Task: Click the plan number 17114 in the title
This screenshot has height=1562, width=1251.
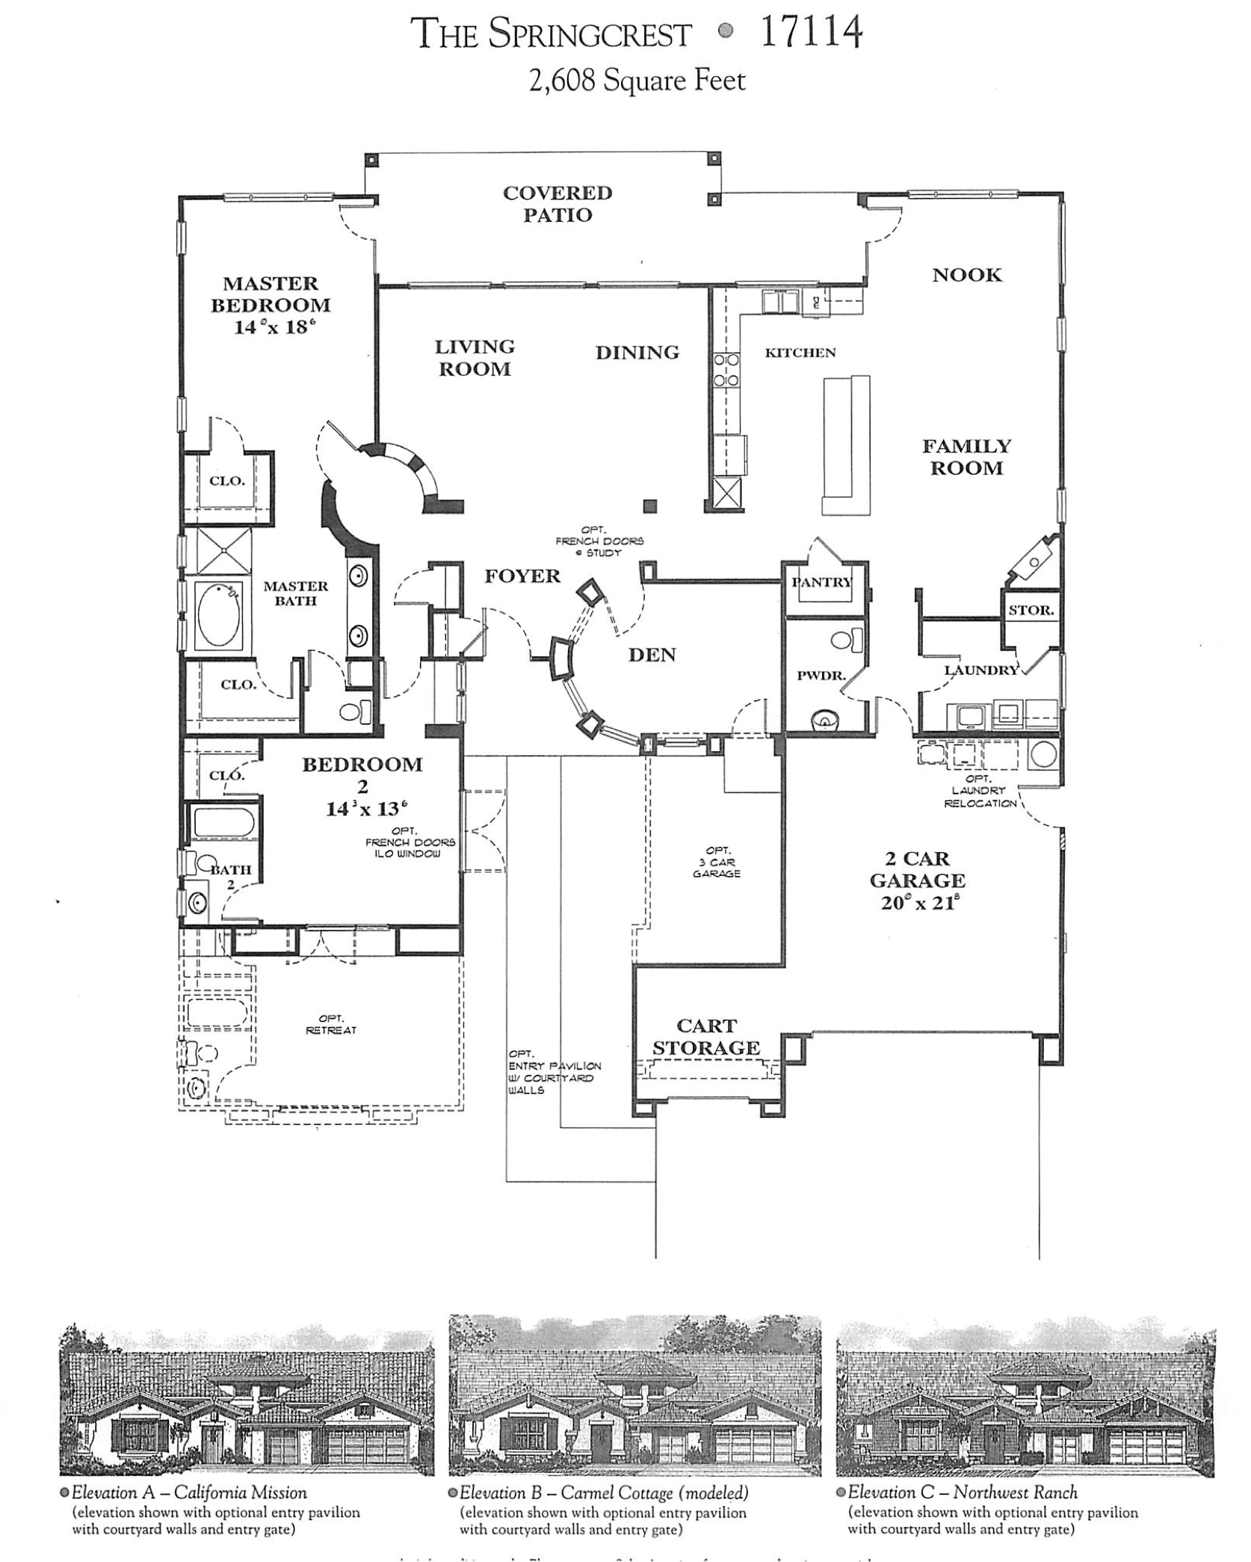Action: (x=812, y=33)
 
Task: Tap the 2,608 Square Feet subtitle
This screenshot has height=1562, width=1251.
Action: (x=637, y=81)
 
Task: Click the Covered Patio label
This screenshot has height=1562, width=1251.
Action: (x=557, y=204)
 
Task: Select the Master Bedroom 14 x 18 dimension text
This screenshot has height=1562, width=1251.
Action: (x=271, y=327)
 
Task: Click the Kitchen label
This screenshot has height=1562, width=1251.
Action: (x=800, y=353)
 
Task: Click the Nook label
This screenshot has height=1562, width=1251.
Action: (x=966, y=275)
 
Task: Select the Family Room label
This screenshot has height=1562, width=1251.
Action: (x=966, y=457)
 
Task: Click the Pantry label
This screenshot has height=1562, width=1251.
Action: (x=822, y=582)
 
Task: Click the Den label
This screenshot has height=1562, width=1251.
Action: (x=652, y=655)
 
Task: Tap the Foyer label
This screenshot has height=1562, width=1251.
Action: (x=522, y=576)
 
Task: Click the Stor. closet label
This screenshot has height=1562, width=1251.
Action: (x=1031, y=610)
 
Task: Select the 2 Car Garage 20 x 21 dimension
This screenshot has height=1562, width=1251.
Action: (x=917, y=903)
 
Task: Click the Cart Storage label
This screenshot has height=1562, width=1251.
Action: (x=705, y=1037)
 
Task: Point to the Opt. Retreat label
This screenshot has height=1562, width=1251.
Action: (x=331, y=1024)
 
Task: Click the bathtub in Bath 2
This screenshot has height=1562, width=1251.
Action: (x=223, y=824)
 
